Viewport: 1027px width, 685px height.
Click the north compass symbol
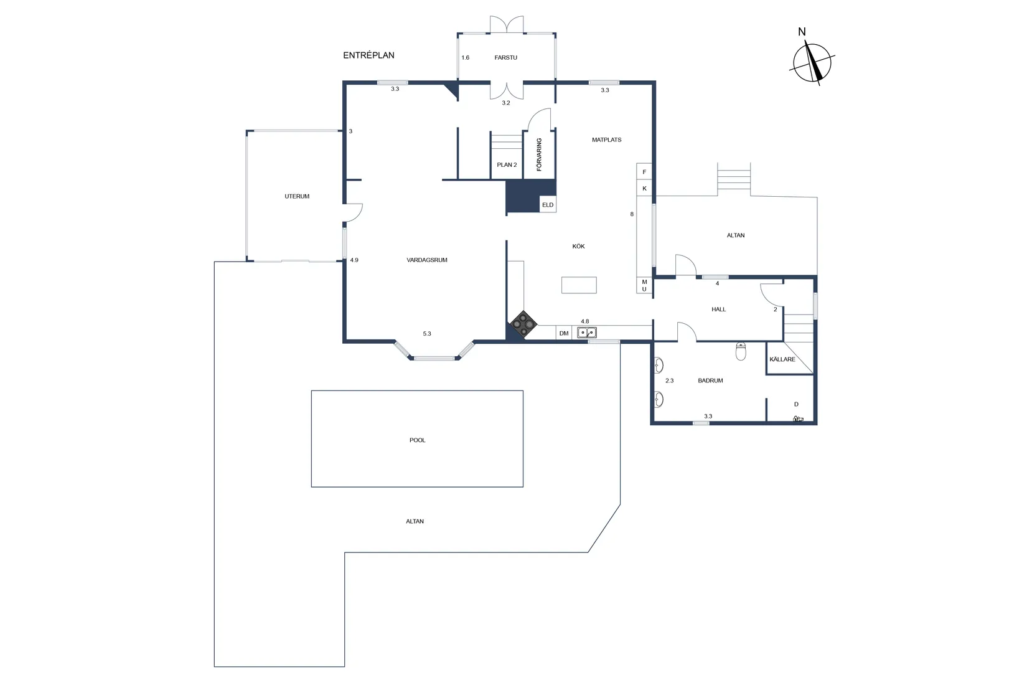pyautogui.click(x=812, y=62)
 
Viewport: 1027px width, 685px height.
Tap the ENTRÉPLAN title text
pyautogui.click(x=368, y=55)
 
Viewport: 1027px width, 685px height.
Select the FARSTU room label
pyautogui.click(x=505, y=58)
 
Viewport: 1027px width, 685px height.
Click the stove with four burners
pyautogui.click(x=523, y=324)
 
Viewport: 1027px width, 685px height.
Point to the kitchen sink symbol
pyautogui.click(x=586, y=333)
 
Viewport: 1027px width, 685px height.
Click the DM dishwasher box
pyautogui.click(x=563, y=333)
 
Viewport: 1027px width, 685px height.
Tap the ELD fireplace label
pyautogui.click(x=547, y=205)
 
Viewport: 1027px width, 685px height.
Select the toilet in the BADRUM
pyautogui.click(x=741, y=352)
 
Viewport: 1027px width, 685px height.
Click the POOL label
pyautogui.click(x=417, y=440)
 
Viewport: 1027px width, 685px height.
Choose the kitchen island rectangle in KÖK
pyautogui.click(x=579, y=285)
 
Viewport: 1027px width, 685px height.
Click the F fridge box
pyautogui.click(x=644, y=172)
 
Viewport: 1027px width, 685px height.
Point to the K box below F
pyautogui.click(x=644, y=188)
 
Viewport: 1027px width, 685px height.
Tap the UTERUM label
pyautogui.click(x=297, y=196)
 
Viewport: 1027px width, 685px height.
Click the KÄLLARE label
pyautogui.click(x=782, y=359)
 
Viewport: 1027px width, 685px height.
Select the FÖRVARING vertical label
pyautogui.click(x=539, y=154)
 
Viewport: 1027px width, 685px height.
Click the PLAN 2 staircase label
pyautogui.click(x=507, y=165)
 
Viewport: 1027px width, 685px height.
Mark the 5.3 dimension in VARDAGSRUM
pyautogui.click(x=427, y=334)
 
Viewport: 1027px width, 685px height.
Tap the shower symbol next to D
pyautogui.click(x=798, y=419)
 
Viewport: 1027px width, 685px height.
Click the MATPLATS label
pyautogui.click(x=606, y=140)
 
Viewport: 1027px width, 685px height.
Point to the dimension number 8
pyautogui.click(x=632, y=214)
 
